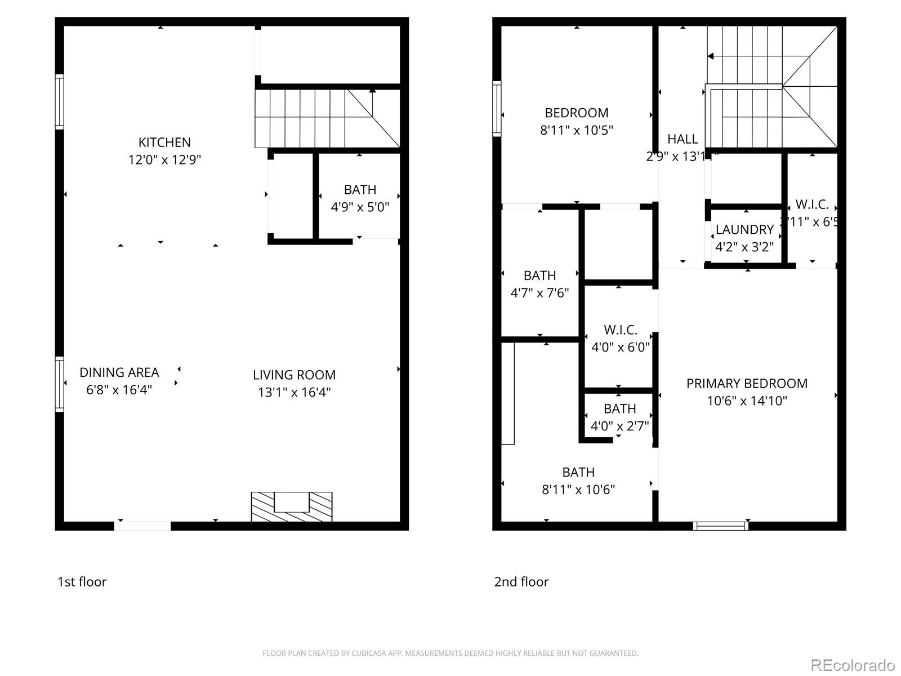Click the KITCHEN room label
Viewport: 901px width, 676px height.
(164, 143)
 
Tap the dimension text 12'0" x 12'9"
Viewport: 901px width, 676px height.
(164, 160)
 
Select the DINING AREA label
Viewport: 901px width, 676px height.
(119, 372)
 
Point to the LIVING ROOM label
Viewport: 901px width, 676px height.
(294, 375)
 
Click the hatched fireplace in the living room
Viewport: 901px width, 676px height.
(291, 506)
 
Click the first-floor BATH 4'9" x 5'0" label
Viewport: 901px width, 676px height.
(360, 190)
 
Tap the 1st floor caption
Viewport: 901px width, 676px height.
(82, 582)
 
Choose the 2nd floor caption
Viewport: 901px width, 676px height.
(521, 582)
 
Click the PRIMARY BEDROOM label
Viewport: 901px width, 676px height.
(747, 384)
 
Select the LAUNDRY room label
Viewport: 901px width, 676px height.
(744, 230)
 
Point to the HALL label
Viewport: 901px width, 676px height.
(683, 139)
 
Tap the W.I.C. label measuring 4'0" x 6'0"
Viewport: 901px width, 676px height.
(620, 330)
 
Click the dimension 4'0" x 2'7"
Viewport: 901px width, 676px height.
(619, 426)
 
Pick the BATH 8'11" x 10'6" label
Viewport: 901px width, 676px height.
(578, 473)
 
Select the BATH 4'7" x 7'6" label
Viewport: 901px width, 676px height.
(539, 276)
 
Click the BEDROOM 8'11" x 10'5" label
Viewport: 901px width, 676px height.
(576, 113)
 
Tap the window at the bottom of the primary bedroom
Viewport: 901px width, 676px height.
(720, 526)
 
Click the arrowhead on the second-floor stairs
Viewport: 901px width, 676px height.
(711, 56)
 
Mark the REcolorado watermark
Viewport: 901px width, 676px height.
(853, 665)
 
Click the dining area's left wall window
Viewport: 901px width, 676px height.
(59, 384)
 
